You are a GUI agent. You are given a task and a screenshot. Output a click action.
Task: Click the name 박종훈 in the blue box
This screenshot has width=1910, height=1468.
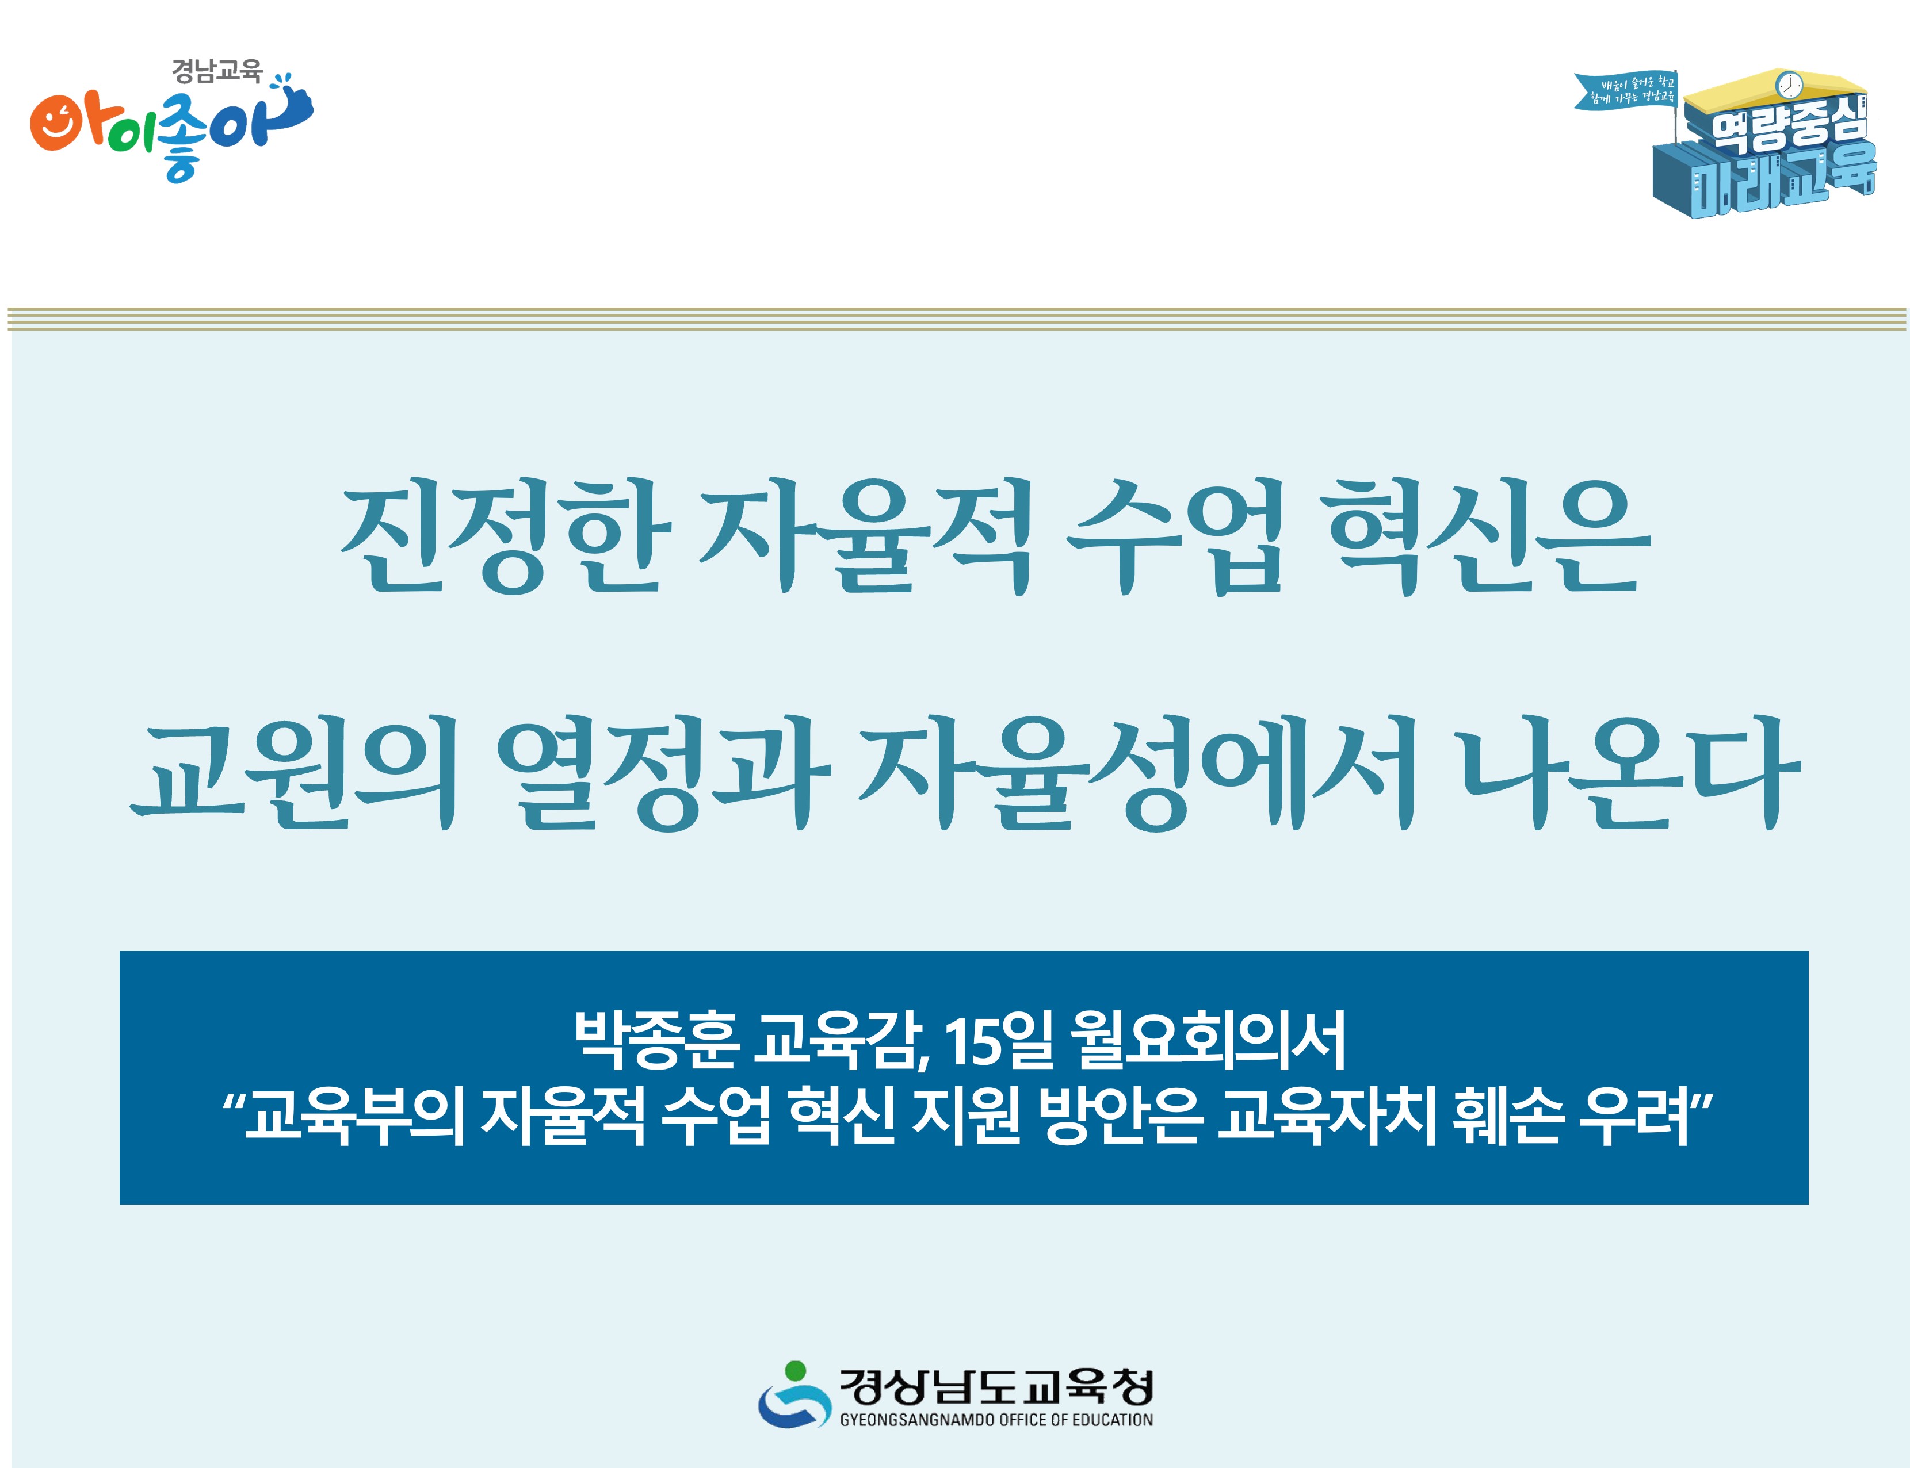[x=656, y=1040]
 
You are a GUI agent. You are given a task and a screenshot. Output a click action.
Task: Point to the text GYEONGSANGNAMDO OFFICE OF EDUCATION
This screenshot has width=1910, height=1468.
[x=996, y=1420]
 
